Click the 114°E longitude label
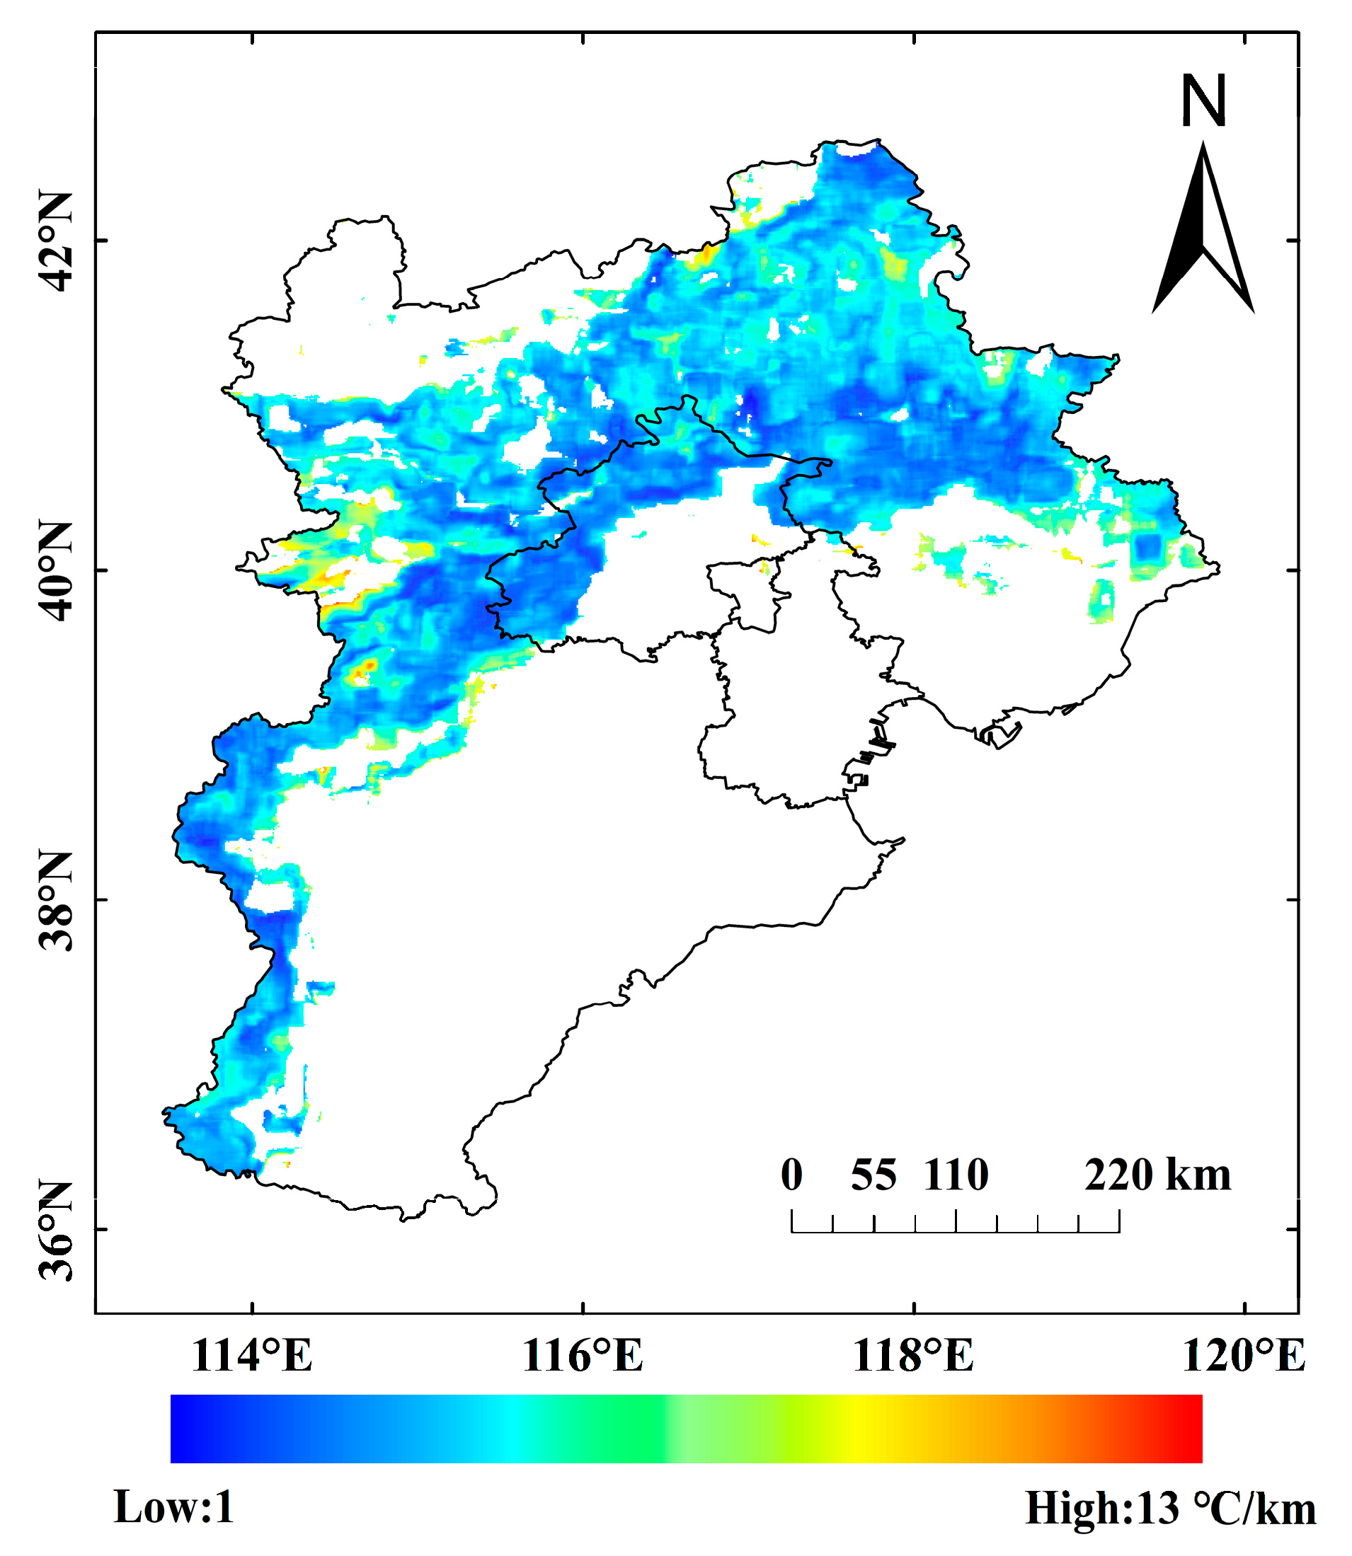pos(252,1356)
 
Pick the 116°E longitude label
pos(583,1356)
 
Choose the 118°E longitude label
pos(913,1356)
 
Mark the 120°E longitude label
pos(1244,1356)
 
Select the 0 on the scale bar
pos(791,1175)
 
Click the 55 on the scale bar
pos(873,1175)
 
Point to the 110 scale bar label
pos(956,1175)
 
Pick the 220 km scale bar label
pos(1157,1175)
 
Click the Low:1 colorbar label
pos(174,1508)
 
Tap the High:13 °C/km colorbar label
pos(1170,1509)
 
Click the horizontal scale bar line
pos(955,1232)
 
